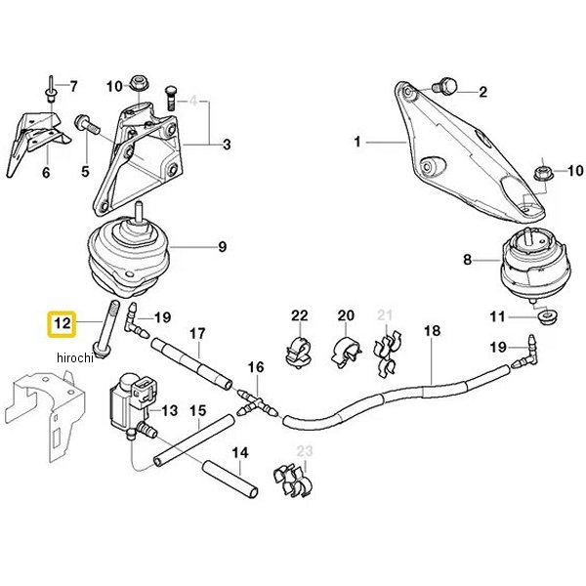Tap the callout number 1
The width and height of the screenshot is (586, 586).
[357, 144]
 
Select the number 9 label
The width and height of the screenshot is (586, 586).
[222, 247]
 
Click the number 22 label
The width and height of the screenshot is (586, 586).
[299, 315]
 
